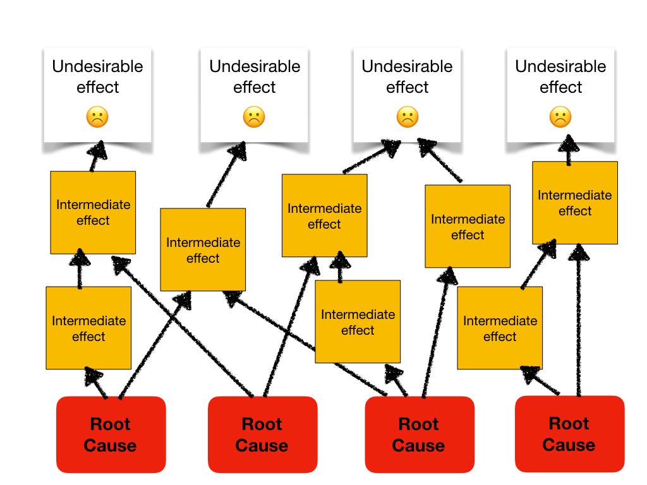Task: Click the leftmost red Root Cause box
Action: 111,434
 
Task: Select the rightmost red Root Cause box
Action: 569,434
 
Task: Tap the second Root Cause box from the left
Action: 262,434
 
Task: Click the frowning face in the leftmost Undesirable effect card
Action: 97,116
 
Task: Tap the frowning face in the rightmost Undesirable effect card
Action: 560,116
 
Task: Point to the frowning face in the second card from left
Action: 254,116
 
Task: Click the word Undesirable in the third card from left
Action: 407,66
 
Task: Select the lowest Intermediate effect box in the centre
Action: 358,321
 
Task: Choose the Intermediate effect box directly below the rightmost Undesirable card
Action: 574,203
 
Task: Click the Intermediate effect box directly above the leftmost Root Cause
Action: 88,328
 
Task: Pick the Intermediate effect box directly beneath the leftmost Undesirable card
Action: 93,212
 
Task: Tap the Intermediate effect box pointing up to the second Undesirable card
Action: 203,249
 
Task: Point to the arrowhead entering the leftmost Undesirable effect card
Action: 97,151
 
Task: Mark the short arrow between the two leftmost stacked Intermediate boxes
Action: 80,270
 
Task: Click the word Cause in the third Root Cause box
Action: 418,445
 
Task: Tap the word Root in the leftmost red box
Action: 111,424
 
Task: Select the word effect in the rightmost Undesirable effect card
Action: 560,87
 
